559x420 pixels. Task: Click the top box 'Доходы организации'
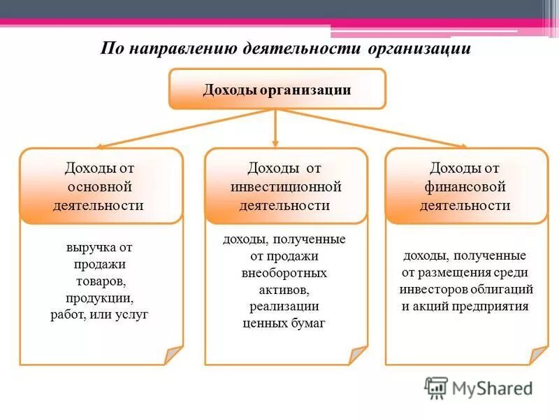[x=277, y=89]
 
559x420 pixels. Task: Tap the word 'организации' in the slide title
[x=426, y=49]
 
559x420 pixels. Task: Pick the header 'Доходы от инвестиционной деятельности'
[x=285, y=187]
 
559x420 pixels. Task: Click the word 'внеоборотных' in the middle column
[x=284, y=273]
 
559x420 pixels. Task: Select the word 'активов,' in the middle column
[x=284, y=290]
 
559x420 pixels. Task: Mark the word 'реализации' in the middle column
[x=284, y=307]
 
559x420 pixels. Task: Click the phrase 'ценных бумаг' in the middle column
[x=284, y=323]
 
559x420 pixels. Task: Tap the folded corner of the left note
[x=173, y=355]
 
